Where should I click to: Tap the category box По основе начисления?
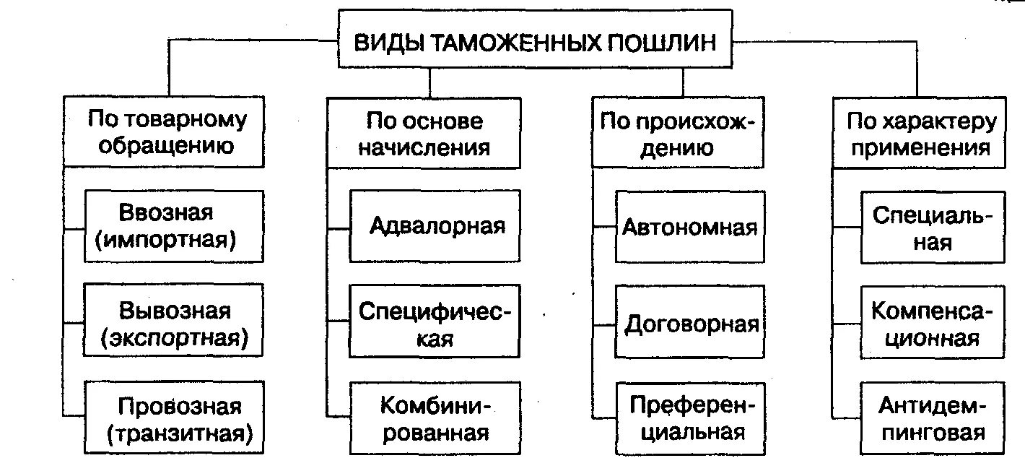click(424, 133)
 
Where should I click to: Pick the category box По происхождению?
click(677, 133)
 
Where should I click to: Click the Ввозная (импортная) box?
click(173, 226)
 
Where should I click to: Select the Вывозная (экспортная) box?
click(173, 323)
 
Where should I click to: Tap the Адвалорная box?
click(435, 226)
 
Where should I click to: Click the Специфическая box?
click(435, 323)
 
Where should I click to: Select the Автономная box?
click(689, 226)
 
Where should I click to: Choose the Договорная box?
click(689, 323)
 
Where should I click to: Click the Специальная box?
click(932, 226)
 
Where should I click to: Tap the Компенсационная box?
click(932, 323)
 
